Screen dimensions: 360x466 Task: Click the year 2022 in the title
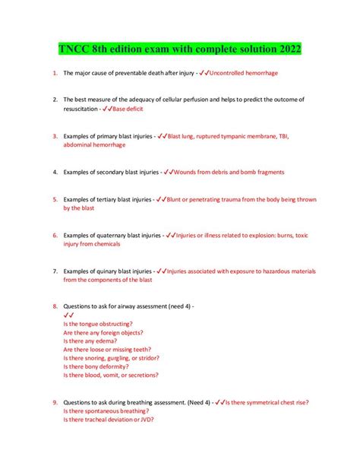tap(286, 50)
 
